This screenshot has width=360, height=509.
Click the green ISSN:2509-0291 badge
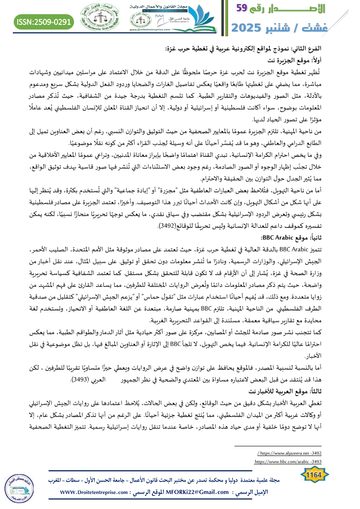45,21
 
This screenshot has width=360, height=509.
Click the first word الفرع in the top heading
340,49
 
